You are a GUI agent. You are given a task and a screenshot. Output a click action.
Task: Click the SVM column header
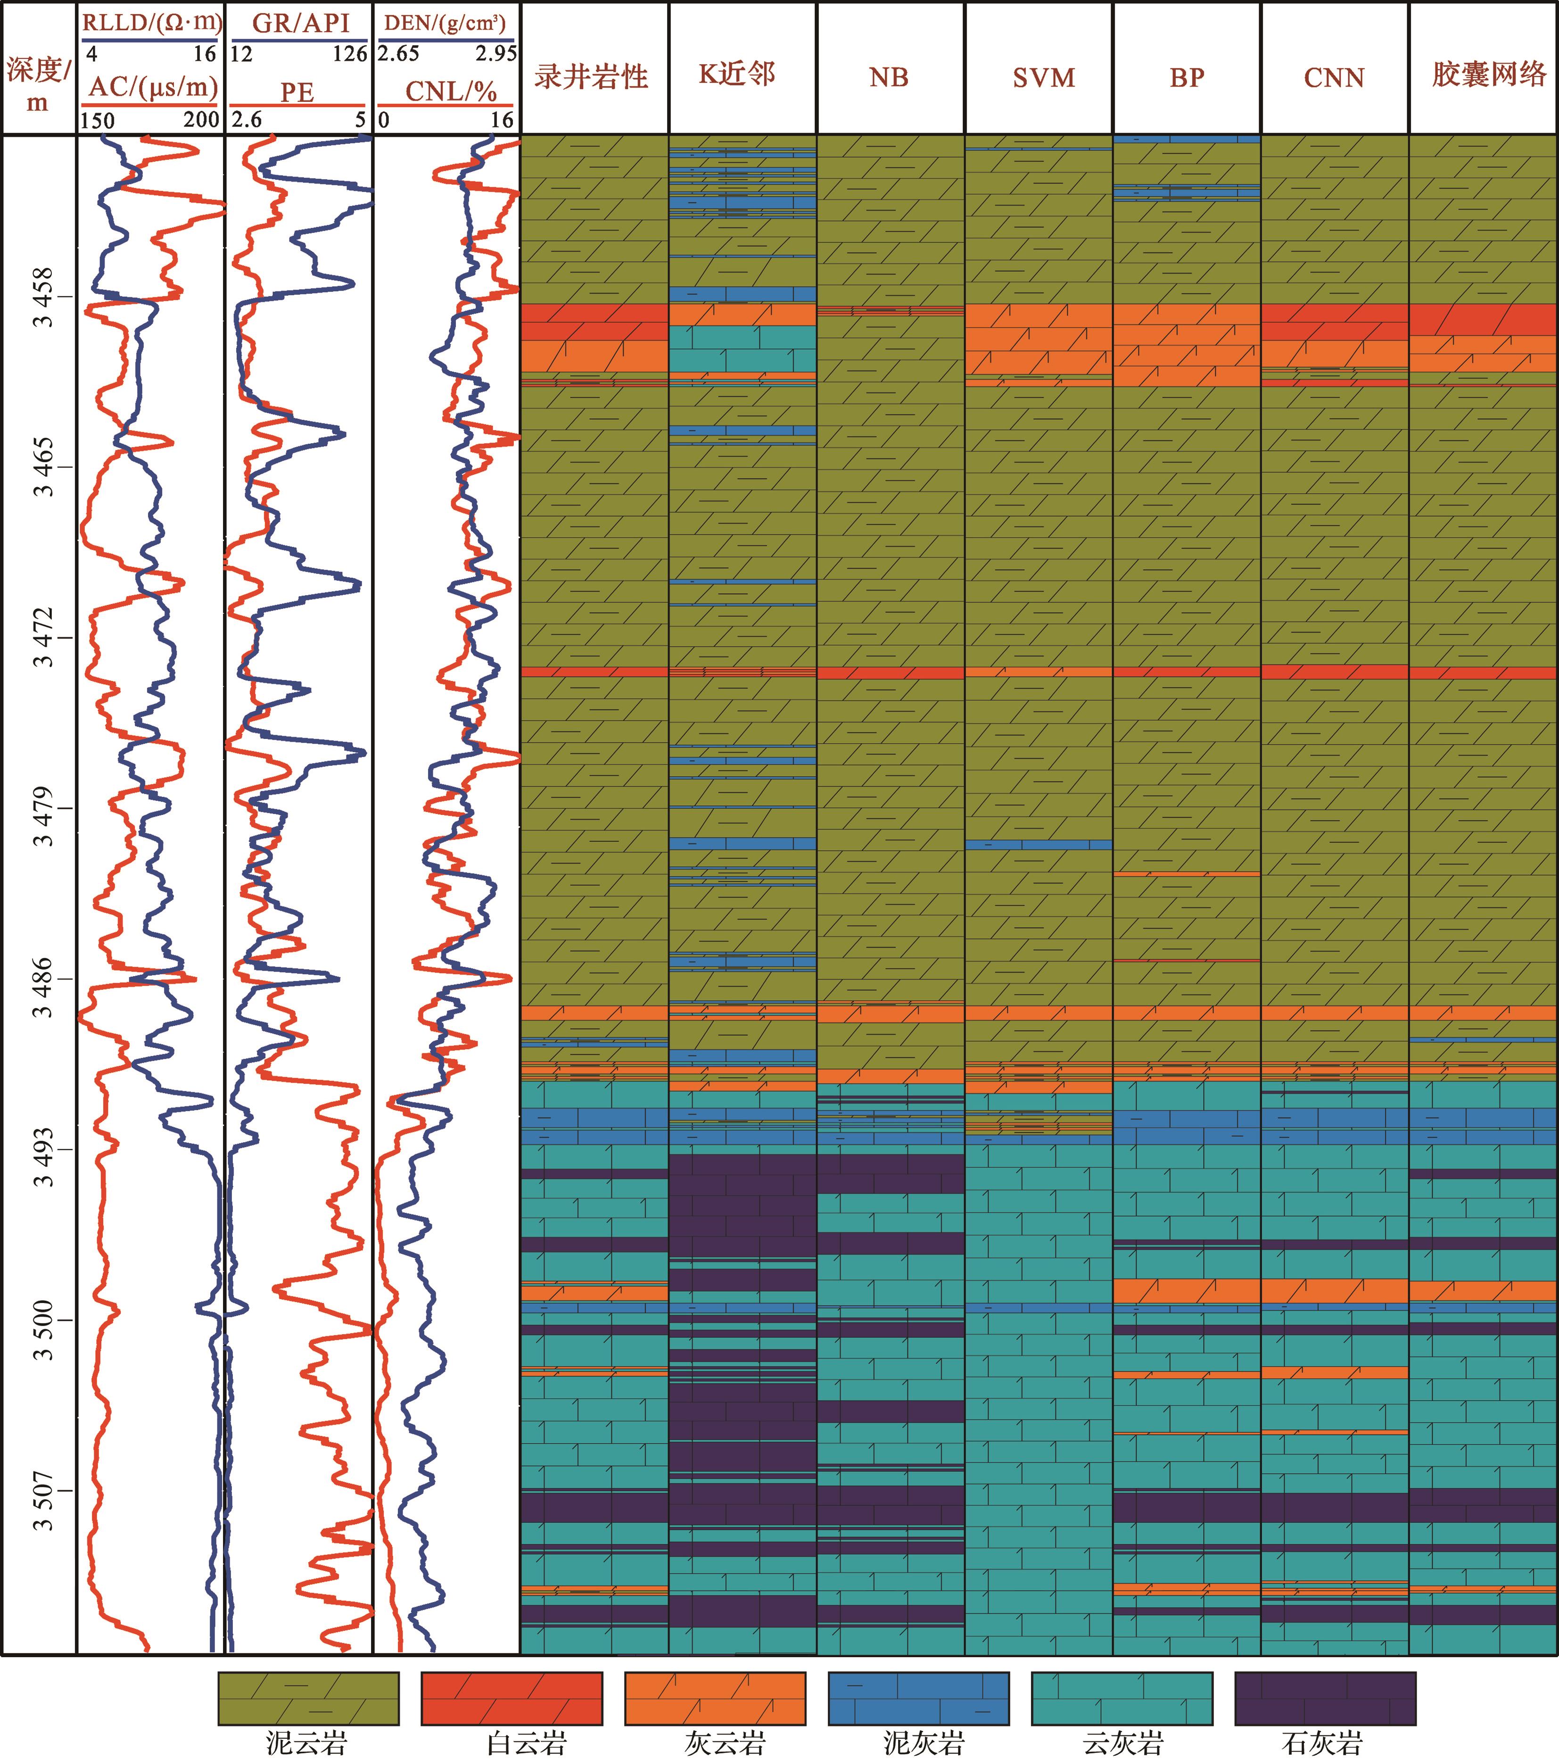[x=1043, y=77]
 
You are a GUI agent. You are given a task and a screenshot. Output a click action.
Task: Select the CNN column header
[x=1334, y=77]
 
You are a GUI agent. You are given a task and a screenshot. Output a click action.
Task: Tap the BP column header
[x=1186, y=77]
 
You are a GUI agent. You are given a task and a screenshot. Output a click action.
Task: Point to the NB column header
[x=888, y=77]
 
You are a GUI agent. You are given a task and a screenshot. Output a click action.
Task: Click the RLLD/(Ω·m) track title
[x=151, y=22]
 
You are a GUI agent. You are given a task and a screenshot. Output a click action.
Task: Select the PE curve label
[x=297, y=92]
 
